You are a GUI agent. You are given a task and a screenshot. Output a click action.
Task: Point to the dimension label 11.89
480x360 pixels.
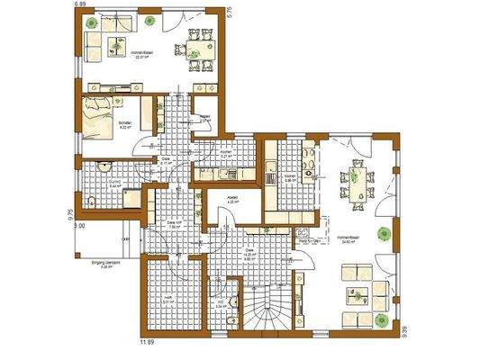point(144,342)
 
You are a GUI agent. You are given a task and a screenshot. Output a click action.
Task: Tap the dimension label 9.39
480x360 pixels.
point(406,330)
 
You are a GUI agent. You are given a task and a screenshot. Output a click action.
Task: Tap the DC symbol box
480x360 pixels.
point(303,232)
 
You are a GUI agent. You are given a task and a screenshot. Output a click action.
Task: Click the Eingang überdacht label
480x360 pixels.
point(104,264)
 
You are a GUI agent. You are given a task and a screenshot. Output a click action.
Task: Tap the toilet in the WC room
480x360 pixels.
point(233,301)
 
